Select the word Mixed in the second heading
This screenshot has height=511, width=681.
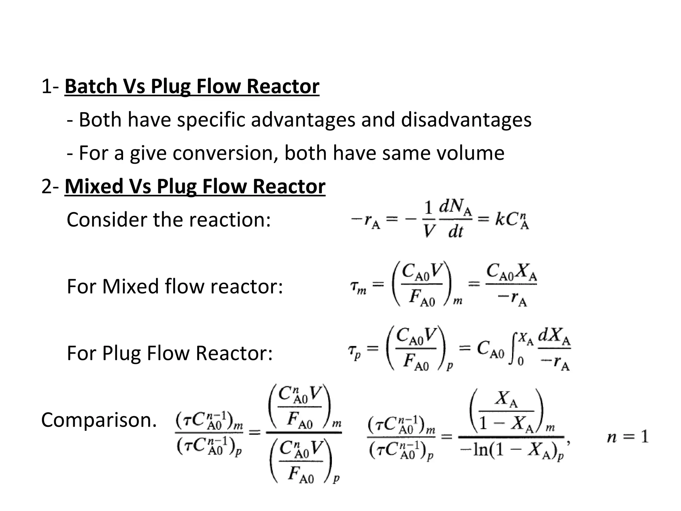(x=94, y=186)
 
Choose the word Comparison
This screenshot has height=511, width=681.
(x=99, y=420)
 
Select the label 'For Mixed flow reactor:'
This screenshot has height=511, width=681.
(x=175, y=286)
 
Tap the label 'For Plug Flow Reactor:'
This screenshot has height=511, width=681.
(x=170, y=353)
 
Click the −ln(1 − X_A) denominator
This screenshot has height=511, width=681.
(x=511, y=451)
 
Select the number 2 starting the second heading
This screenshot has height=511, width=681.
(x=46, y=186)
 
